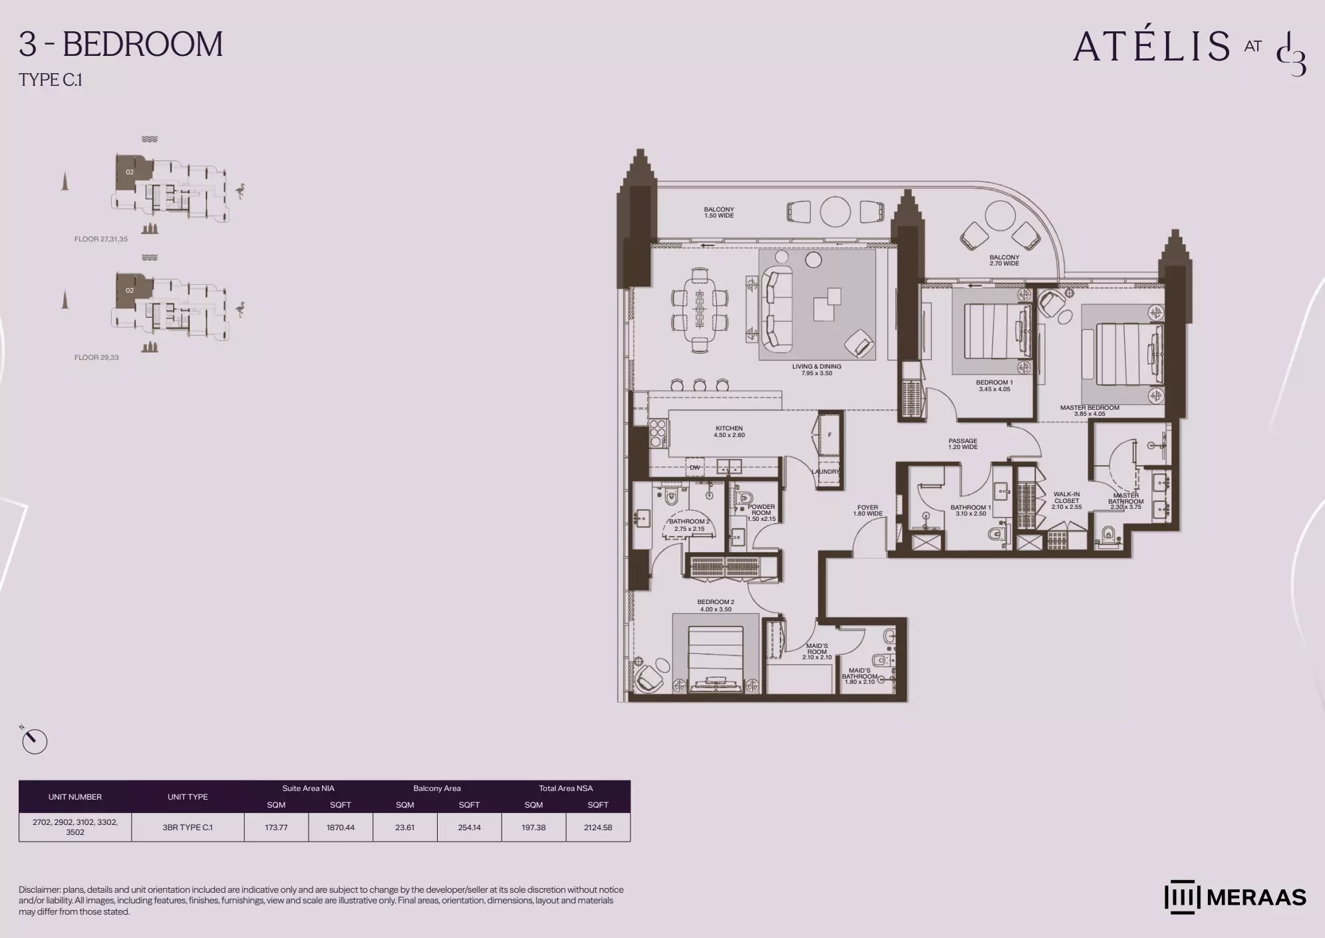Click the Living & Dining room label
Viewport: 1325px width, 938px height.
[816, 370]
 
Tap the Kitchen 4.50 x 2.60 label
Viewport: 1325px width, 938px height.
[729, 432]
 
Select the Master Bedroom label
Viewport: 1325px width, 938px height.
[1090, 410]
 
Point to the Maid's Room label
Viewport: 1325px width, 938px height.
[817, 651]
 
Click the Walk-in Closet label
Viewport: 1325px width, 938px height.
[1066, 500]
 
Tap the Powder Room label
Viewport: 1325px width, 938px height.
[761, 512]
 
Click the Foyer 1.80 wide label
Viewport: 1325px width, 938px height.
[867, 510]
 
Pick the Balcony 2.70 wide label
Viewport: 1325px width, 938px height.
[1004, 260]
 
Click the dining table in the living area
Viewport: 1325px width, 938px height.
[700, 310]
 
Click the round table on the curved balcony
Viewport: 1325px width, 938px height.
[998, 216]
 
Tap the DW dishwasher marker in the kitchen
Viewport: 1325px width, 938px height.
[694, 468]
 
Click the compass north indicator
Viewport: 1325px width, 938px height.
[34, 741]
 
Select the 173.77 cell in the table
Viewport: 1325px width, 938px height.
[276, 828]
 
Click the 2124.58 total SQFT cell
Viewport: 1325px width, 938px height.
[597, 828]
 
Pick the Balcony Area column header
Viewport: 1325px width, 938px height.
[436, 788]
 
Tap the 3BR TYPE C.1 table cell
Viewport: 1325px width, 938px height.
[188, 828]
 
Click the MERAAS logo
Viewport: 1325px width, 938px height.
[1235, 897]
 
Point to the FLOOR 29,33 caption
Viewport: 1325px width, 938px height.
[96, 357]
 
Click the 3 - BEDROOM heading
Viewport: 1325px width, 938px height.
[121, 45]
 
